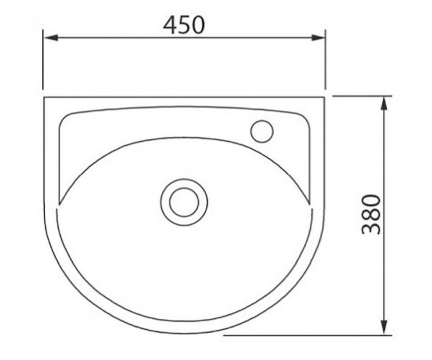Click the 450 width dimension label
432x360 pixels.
[x=184, y=26]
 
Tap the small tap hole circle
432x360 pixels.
[x=262, y=131]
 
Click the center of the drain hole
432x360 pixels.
[x=184, y=202]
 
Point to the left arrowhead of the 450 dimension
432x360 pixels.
[x=51, y=38]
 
